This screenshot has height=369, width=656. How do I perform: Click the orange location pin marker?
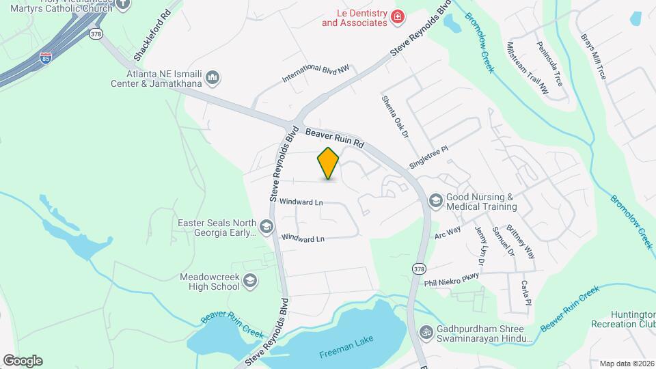coord(329,163)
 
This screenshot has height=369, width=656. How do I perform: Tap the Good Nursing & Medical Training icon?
coord(435,201)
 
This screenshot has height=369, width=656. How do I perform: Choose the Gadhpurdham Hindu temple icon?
coord(426,332)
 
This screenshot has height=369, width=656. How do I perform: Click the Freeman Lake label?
coord(346,354)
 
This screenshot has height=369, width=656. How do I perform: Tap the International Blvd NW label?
coord(316,74)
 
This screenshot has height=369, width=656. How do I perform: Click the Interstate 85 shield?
coord(45,57)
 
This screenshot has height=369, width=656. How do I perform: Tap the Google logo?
coord(23,360)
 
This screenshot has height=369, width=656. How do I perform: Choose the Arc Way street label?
coord(448,232)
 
